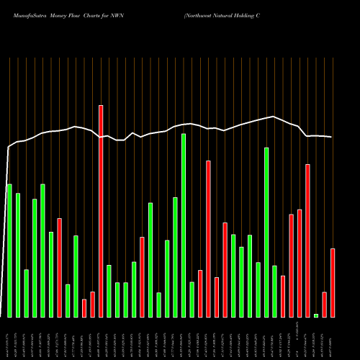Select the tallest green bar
click(x=184, y=225)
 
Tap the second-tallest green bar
click(x=266, y=232)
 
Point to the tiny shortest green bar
click(x=316, y=315)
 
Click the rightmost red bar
click(x=333, y=282)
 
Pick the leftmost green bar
click(x=9, y=251)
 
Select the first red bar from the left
click(x=59, y=267)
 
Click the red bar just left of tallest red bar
click(x=92, y=304)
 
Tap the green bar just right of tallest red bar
click(x=109, y=291)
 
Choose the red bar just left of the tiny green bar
click(x=307, y=240)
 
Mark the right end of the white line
click(x=332, y=137)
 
